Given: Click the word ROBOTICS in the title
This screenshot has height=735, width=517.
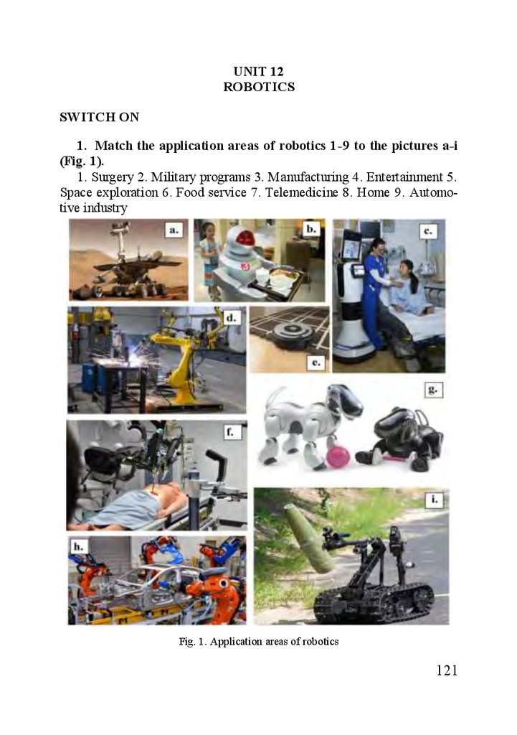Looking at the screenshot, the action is coord(258,87).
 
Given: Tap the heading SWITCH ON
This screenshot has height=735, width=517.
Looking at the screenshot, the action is coord(99,117).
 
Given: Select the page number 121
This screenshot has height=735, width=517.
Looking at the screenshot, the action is coord(446,670).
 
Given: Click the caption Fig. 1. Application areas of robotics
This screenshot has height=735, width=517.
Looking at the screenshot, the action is coord(258,642).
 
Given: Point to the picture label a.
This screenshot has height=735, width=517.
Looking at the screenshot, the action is coord(174,230).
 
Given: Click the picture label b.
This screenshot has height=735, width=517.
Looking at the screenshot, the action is coord(311,229).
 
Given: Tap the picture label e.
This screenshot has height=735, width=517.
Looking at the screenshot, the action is coord(316,362).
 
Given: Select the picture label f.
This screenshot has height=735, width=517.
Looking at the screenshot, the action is coord(230,431).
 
